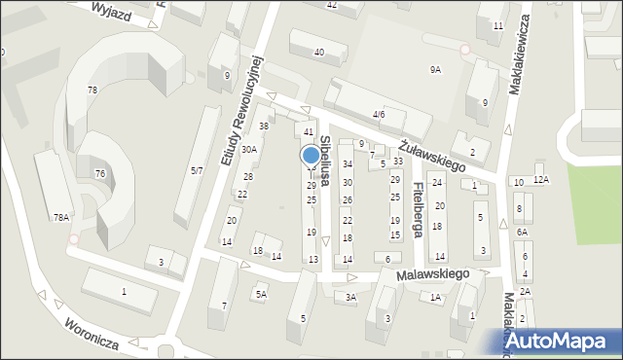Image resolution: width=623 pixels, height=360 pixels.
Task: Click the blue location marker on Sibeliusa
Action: coord(311,156)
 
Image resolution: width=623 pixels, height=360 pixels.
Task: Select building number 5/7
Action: coord(197,170)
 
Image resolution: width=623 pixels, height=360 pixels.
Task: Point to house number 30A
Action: coord(249,149)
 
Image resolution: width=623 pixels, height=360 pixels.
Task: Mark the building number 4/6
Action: coord(379,114)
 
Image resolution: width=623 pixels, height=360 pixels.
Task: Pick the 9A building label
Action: coord(435,69)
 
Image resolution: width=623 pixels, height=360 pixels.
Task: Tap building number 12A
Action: coord(540,179)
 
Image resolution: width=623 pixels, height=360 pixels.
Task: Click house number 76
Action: coord(99,173)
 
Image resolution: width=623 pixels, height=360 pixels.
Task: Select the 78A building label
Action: coord(61,217)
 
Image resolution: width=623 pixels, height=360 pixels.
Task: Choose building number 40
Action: coord(318,51)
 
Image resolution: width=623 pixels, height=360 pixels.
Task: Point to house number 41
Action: coord(309,131)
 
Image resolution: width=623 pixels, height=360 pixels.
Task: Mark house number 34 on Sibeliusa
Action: coord(347,164)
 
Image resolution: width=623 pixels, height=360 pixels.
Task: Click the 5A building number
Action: coord(261,294)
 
